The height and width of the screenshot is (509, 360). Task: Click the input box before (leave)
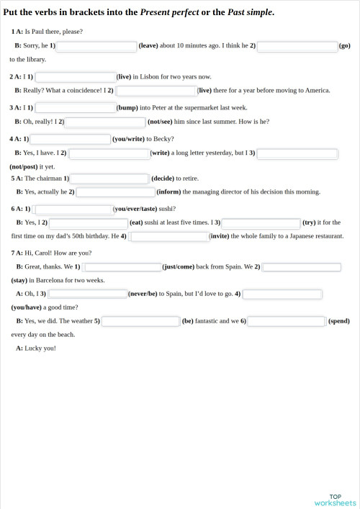97,46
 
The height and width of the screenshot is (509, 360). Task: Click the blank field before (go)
297,46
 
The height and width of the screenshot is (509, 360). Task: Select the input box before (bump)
76,107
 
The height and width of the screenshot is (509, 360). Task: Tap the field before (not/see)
106,122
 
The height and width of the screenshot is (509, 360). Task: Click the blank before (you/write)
71,139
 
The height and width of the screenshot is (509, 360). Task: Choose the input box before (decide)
110,179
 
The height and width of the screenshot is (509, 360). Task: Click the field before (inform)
116,192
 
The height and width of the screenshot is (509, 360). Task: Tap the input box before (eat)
89,223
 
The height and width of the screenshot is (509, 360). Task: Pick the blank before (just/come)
123,267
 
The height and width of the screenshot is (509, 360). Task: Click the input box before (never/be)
87,294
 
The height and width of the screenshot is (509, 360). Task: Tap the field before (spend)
287,321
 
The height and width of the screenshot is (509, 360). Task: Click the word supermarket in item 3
196,107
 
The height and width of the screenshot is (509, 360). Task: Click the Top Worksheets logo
336,500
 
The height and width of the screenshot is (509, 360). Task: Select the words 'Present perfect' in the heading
180,12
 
